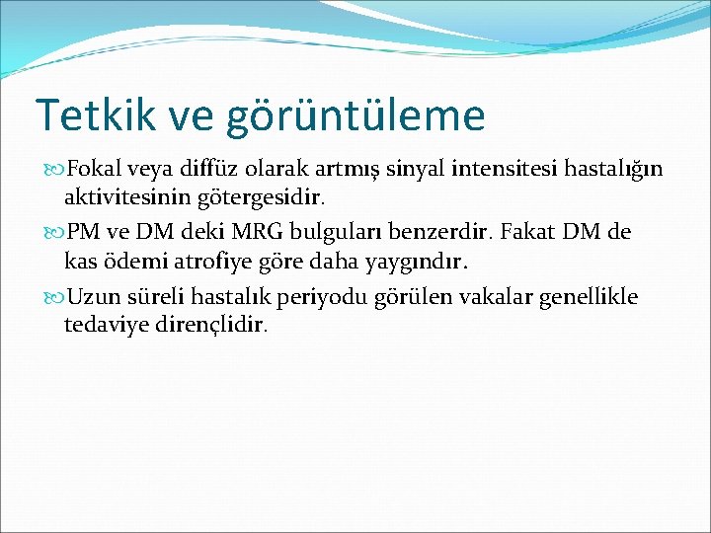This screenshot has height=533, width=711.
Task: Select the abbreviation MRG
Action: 261,233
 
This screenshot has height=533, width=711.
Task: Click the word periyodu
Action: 331,297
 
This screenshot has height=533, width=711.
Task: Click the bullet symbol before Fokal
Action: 54,170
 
